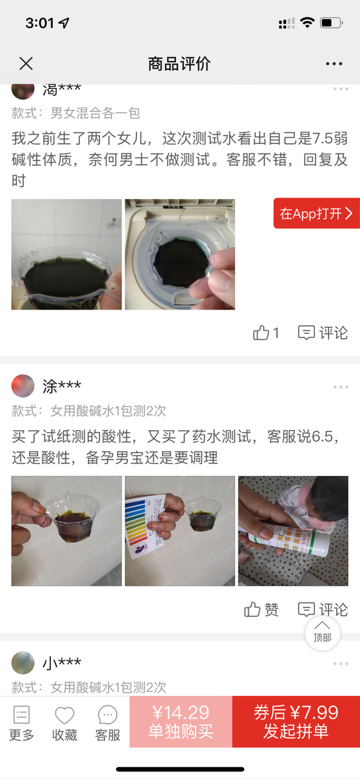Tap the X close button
[26, 63]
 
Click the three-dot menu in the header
[334, 64]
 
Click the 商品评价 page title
[179, 63]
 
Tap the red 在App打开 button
[317, 213]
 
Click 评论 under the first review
[323, 333]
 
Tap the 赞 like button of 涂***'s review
[261, 609]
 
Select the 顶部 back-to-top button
[322, 633]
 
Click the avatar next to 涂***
[23, 386]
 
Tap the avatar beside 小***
[23, 662]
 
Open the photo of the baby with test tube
[293, 531]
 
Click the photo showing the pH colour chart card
[180, 531]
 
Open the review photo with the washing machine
[180, 255]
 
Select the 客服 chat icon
[108, 716]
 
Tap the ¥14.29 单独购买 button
[181, 722]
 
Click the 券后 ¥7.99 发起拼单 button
[296, 722]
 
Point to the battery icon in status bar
[331, 23]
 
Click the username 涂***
[62, 386]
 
